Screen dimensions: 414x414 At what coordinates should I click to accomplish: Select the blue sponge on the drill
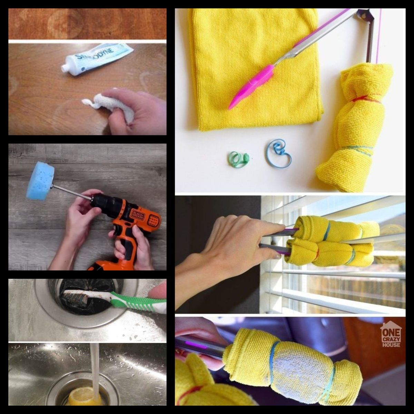click(41, 181)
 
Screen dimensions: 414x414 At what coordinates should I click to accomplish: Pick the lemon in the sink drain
click(83, 397)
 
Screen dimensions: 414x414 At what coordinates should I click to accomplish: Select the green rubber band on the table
click(238, 159)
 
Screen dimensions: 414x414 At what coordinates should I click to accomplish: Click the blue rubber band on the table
click(279, 152)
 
